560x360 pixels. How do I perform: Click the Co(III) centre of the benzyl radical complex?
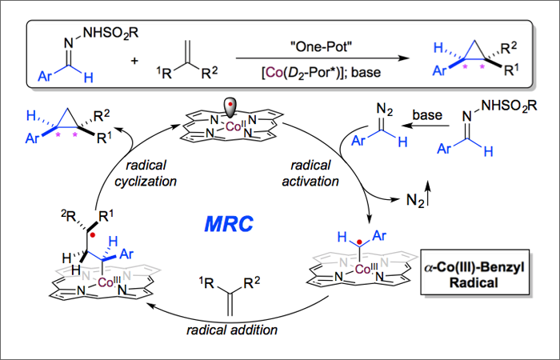click(x=365, y=271)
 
